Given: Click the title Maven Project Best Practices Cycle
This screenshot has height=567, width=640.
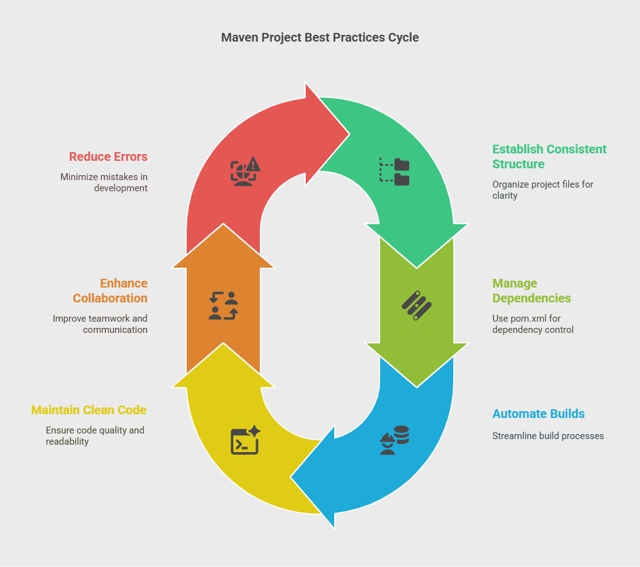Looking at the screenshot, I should point(320,37).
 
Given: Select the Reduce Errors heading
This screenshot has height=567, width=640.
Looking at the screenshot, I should point(108,156).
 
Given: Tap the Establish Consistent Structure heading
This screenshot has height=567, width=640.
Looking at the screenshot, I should point(549,156).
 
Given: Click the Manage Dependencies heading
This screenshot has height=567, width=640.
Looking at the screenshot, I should point(531,291).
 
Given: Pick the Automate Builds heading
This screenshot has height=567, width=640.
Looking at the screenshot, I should point(538,414).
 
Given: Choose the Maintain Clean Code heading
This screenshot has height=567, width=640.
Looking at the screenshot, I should point(89,410).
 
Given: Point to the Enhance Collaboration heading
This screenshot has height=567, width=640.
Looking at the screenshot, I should point(110,291).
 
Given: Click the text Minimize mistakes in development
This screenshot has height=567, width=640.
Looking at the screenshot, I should point(104,182).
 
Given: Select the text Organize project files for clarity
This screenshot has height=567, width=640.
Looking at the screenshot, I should point(543,189).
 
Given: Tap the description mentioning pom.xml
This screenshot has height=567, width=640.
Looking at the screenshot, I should point(533,324).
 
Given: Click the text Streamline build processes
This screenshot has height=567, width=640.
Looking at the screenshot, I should point(548,436).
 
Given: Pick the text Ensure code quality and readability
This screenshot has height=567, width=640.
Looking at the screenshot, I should point(95,435).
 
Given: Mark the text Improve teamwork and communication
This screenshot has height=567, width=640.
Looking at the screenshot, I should point(100,324).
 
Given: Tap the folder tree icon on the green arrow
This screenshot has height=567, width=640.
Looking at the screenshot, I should point(394,171).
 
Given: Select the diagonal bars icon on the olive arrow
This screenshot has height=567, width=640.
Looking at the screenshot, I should point(416,305).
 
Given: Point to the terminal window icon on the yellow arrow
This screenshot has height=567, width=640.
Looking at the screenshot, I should point(245,440).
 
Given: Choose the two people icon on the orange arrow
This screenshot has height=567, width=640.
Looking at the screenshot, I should point(223,305).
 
